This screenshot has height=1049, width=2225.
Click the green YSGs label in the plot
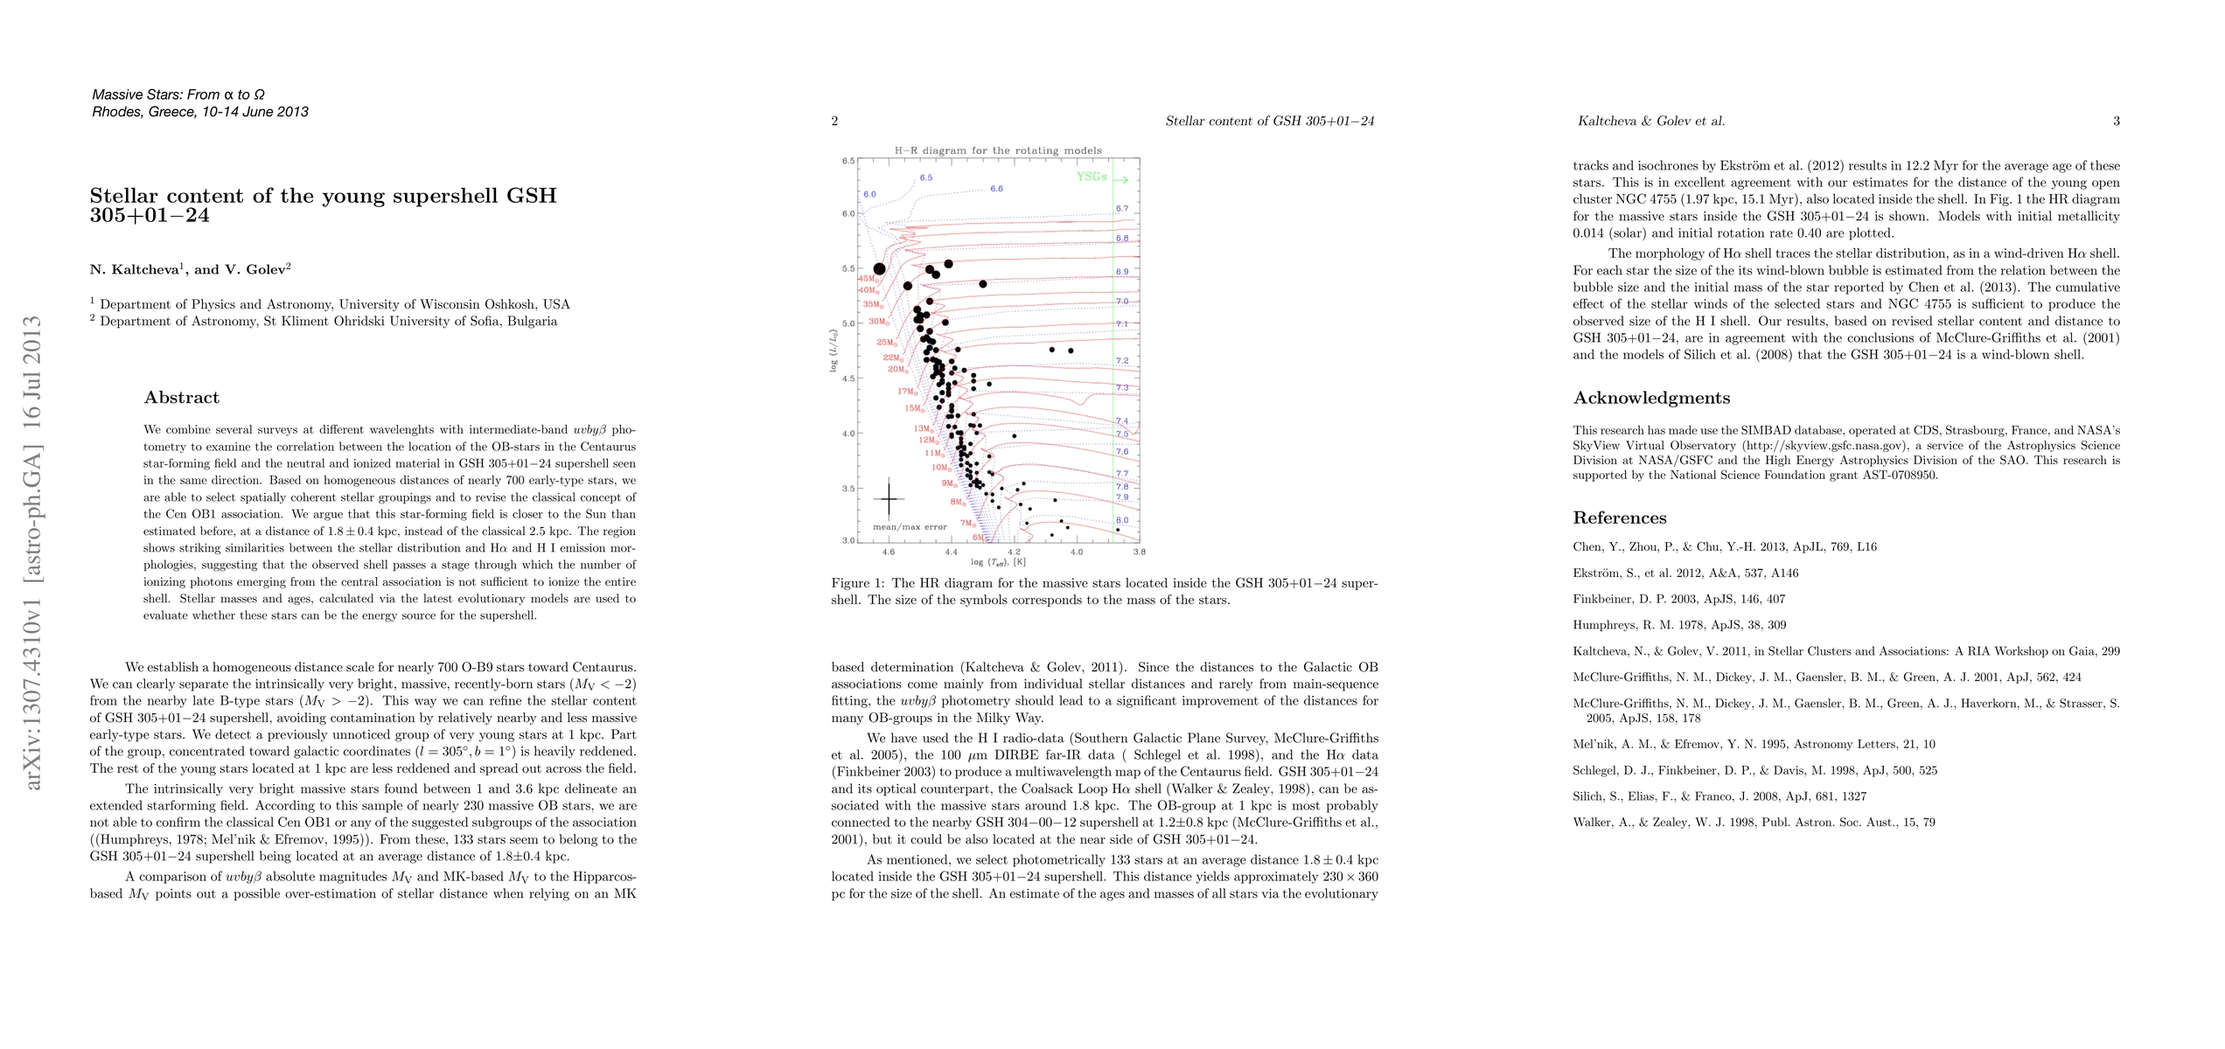(x=1092, y=177)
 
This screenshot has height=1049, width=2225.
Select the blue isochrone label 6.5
(x=926, y=177)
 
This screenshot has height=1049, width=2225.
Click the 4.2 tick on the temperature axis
(x=1014, y=552)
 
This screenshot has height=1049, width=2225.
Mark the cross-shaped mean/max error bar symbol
(x=889, y=498)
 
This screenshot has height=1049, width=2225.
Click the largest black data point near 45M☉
(x=880, y=269)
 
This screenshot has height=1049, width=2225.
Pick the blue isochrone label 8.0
(x=1122, y=520)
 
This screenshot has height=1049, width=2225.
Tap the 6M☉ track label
(x=981, y=538)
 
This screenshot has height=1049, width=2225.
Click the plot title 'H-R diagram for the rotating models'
(x=998, y=150)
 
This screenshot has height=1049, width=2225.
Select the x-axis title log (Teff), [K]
(x=998, y=562)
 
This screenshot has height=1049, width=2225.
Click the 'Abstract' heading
(x=182, y=398)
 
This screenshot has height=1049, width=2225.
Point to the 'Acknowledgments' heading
(x=1651, y=399)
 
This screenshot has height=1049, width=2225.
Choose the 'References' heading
(x=1620, y=518)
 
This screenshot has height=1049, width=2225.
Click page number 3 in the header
(x=2117, y=122)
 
